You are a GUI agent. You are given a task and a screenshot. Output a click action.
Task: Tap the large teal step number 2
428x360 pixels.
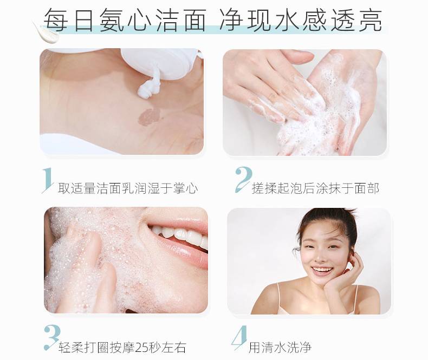[243, 179]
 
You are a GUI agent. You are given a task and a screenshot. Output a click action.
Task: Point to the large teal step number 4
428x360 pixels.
[239, 338]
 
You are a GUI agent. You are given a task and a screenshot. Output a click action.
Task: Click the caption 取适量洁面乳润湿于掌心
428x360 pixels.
[128, 188]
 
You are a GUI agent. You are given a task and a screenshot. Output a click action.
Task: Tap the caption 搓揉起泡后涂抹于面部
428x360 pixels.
[315, 188]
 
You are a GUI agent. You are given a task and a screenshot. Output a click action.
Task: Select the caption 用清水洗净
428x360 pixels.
[280, 348]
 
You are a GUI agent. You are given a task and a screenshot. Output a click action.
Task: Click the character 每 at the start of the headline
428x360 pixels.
[56, 19]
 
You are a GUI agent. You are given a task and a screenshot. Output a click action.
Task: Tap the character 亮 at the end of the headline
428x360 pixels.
[370, 19]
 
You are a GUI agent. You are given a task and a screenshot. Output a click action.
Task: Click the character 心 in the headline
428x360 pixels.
[139, 19]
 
